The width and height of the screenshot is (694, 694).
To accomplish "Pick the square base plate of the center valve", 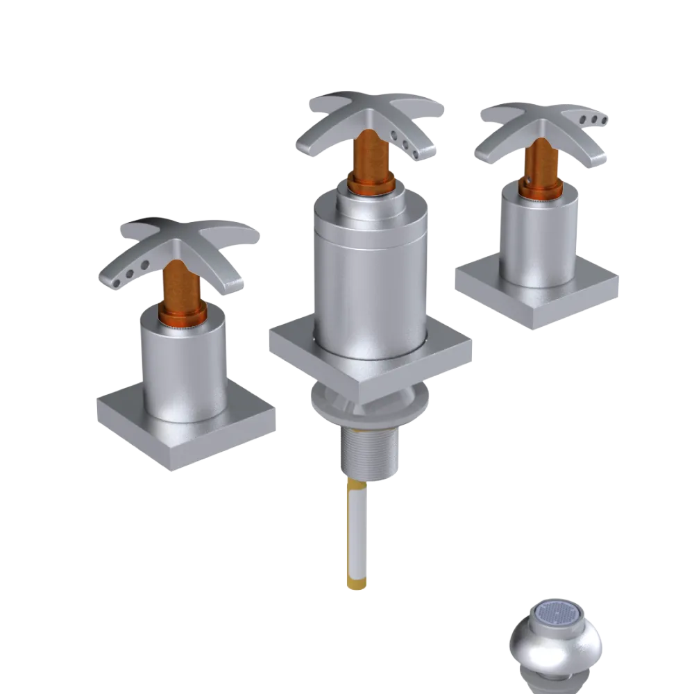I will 291,344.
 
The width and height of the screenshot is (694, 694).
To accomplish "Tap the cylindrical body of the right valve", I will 538,236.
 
